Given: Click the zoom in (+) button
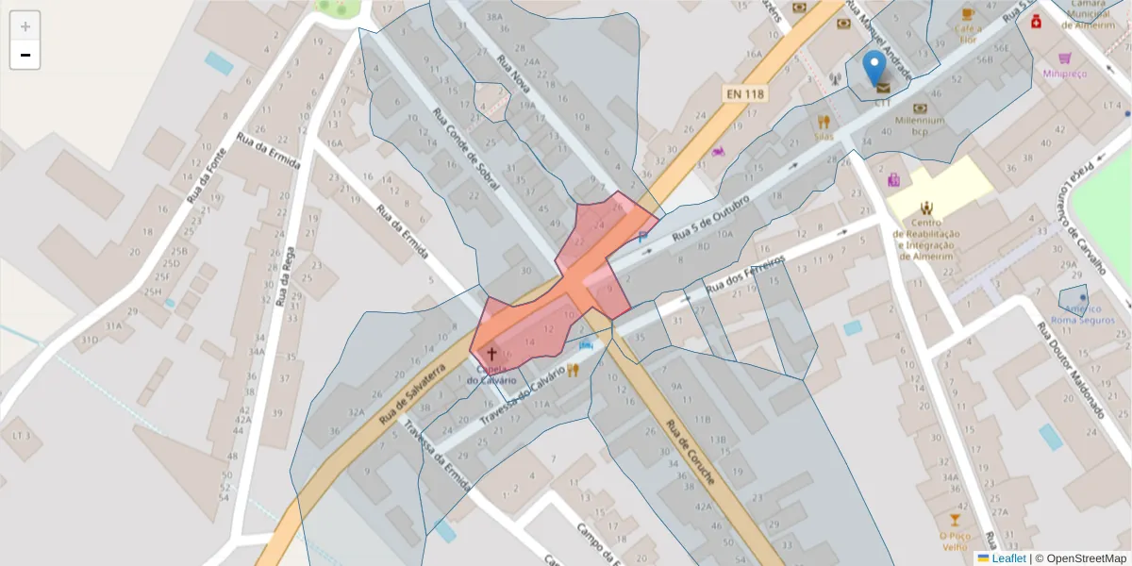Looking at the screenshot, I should click(25, 26).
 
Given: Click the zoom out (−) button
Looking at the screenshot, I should click(25, 55).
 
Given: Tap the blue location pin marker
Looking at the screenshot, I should click(875, 68).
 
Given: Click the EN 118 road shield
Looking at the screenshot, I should click(745, 94).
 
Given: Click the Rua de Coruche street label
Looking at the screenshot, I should click(690, 452).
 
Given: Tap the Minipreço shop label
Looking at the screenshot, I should click(1065, 73).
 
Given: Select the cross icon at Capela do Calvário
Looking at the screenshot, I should click(491, 352).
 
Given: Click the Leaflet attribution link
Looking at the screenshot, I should click(1007, 558).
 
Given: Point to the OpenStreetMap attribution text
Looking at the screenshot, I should click(1080, 558).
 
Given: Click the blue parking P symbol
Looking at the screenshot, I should click(642, 238).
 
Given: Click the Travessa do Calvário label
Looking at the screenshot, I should click(524, 392).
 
